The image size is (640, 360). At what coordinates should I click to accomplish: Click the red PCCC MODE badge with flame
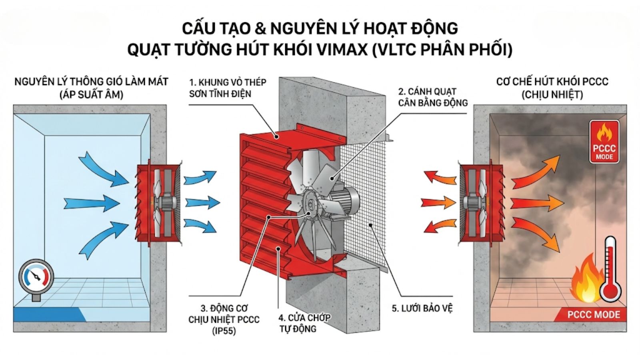[604, 142]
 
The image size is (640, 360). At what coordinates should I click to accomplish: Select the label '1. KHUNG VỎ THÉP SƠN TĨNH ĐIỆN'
[227, 88]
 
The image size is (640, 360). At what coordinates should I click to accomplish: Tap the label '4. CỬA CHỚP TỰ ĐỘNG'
[304, 323]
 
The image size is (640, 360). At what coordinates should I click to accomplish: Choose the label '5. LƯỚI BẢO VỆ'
[422, 308]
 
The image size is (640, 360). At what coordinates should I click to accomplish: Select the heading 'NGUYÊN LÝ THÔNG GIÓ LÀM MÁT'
[91, 82]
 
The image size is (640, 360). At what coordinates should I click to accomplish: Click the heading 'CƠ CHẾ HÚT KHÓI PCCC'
[552, 82]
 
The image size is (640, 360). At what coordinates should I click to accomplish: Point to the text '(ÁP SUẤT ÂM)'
[91, 95]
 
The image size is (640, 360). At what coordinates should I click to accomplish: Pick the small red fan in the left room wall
[158, 203]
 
